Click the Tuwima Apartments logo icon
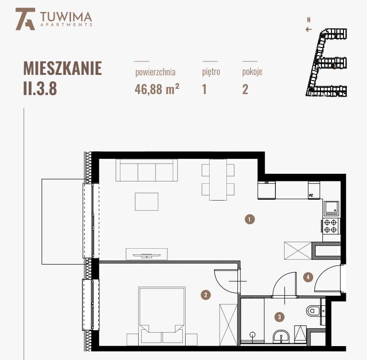coord(25,19)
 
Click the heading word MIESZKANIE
coord(62,69)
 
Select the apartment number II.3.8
coord(40,89)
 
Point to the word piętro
coord(211,72)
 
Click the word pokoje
coord(252,72)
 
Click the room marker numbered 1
coord(249,219)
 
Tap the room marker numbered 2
coord(205,295)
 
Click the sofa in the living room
coord(146,171)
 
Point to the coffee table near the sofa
coord(146,201)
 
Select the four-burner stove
coord(330,226)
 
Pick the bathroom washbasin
coord(281,337)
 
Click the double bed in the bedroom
coord(162,314)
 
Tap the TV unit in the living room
coord(146,254)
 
